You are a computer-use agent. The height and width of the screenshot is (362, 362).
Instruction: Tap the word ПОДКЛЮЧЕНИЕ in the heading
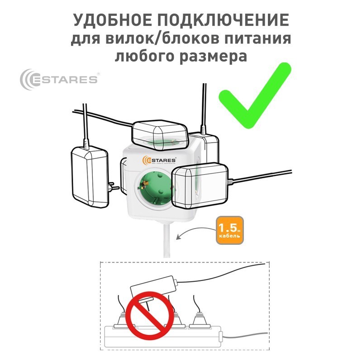click(x=223, y=20)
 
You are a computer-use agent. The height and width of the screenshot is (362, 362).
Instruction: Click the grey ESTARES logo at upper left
click(x=59, y=79)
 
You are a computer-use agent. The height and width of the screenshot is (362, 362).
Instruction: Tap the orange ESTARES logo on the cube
click(x=159, y=160)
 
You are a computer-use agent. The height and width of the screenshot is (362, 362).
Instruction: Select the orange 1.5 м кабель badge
click(x=230, y=230)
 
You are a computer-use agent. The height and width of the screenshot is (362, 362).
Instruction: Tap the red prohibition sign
click(x=150, y=315)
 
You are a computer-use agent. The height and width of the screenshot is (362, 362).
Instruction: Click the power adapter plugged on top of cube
click(x=160, y=134)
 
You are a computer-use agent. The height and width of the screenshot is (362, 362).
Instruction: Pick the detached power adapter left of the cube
click(x=90, y=176)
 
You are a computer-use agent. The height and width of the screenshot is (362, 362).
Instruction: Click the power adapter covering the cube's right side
click(x=200, y=186)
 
